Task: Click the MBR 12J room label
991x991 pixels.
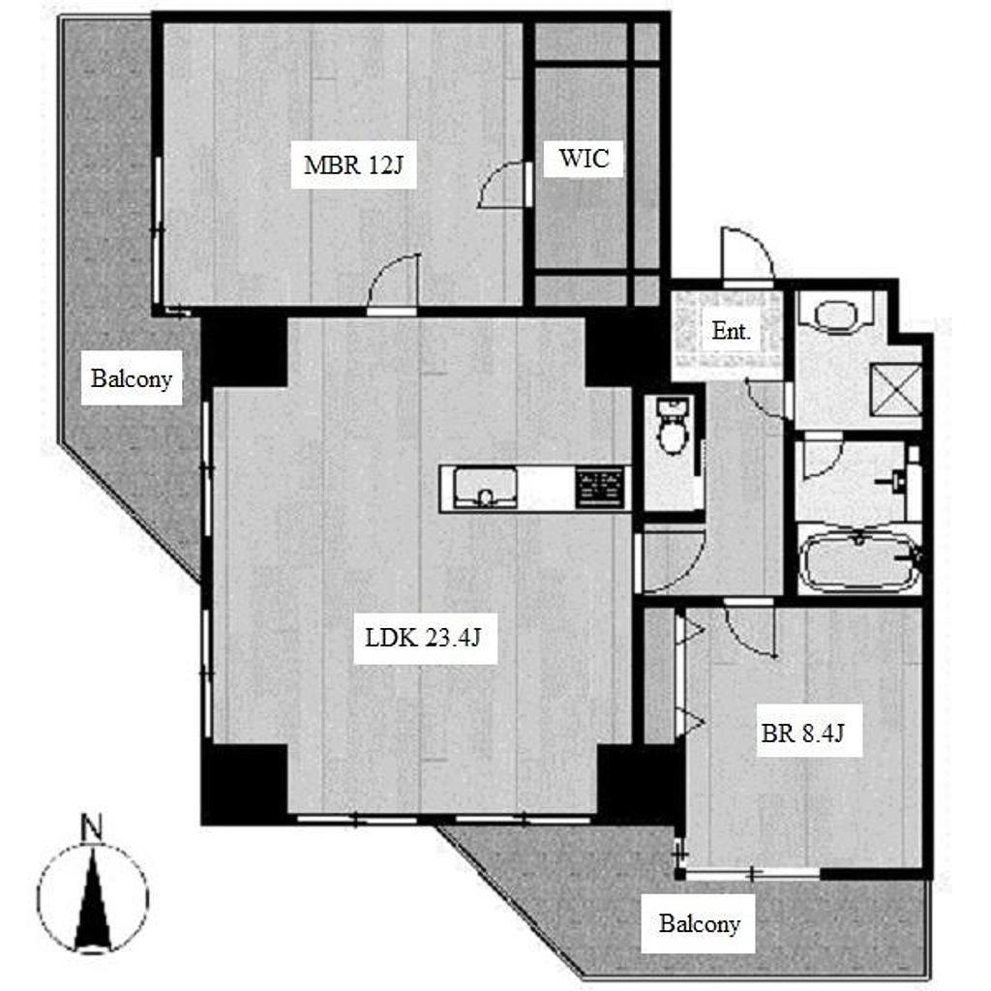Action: (x=352, y=165)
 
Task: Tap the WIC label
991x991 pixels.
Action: (x=584, y=158)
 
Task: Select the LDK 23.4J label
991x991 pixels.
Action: (x=424, y=638)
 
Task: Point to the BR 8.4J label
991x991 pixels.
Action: (x=802, y=734)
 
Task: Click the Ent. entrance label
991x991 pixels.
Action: (x=732, y=331)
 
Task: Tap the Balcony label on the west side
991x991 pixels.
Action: (x=132, y=378)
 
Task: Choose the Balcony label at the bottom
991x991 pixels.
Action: (x=700, y=923)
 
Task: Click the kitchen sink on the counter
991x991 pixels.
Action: (x=486, y=488)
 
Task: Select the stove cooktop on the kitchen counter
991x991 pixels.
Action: (x=600, y=488)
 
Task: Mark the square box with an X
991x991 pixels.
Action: (x=895, y=389)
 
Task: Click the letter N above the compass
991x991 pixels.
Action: (x=92, y=828)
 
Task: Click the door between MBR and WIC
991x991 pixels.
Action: (x=503, y=184)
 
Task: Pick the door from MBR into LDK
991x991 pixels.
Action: (x=393, y=282)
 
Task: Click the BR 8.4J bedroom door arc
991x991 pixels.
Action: (x=750, y=629)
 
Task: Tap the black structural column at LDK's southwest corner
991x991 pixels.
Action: (x=244, y=784)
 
